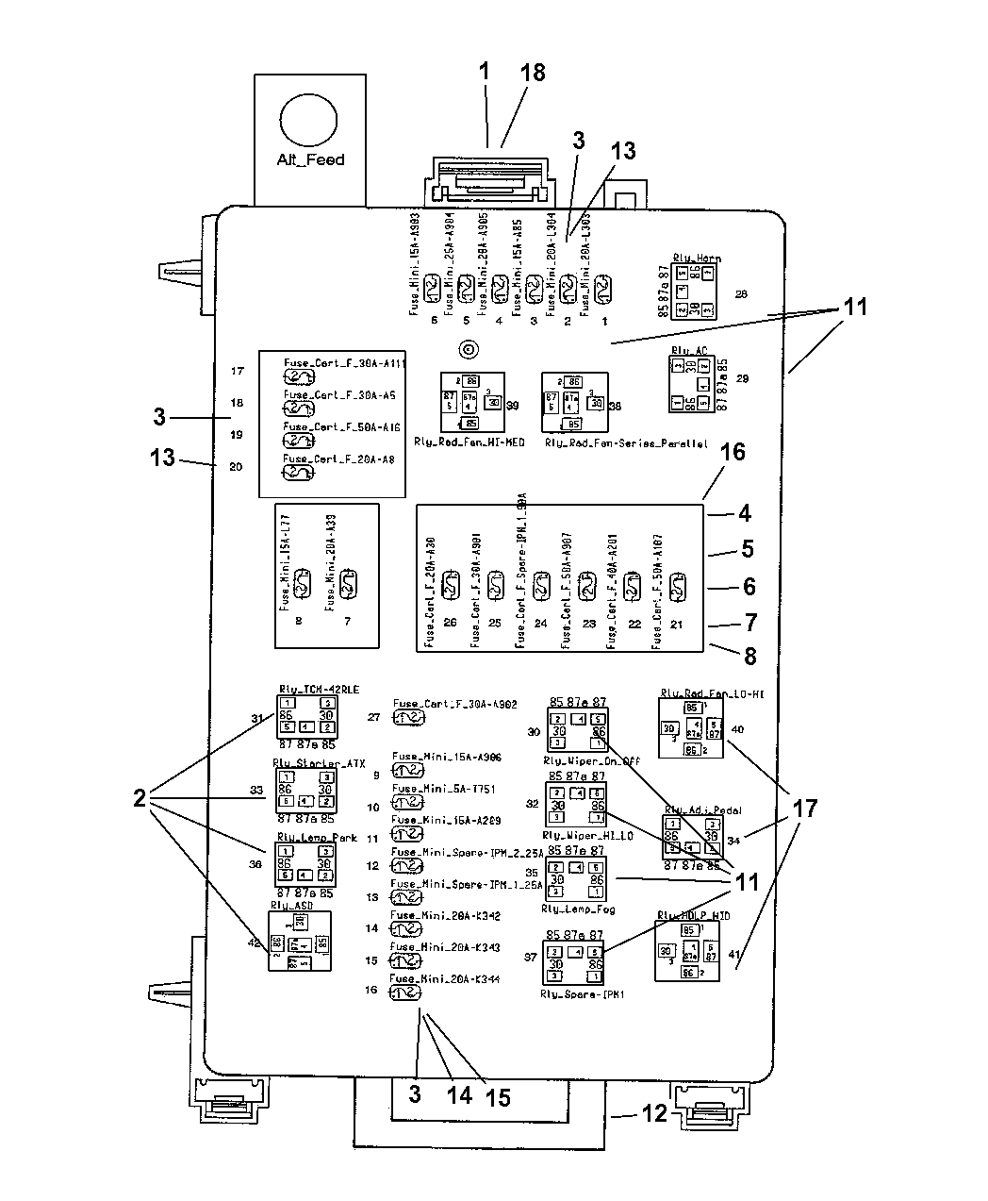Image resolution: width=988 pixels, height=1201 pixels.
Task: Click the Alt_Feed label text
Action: tap(310, 159)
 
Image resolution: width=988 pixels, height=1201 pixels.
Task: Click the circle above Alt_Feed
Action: tap(307, 122)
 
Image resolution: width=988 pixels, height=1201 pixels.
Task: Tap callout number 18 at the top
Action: tap(533, 73)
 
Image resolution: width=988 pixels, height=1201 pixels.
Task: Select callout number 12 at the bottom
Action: tap(655, 1113)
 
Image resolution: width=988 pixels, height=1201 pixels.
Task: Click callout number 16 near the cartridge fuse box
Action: tap(733, 452)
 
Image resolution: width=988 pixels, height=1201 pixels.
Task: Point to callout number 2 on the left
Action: tap(140, 799)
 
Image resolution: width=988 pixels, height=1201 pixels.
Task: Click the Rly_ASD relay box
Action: tap(299, 942)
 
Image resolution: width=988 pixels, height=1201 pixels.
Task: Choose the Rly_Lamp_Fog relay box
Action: tap(577, 878)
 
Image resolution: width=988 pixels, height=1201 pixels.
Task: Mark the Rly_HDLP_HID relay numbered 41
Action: tap(687, 951)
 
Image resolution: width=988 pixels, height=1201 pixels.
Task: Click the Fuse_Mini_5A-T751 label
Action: tap(443, 789)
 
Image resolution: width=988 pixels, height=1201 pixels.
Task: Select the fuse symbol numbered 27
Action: tap(408, 718)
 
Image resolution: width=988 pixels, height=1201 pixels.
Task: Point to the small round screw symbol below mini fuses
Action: tap(467, 350)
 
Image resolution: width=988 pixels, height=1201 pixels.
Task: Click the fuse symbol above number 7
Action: tap(347, 584)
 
